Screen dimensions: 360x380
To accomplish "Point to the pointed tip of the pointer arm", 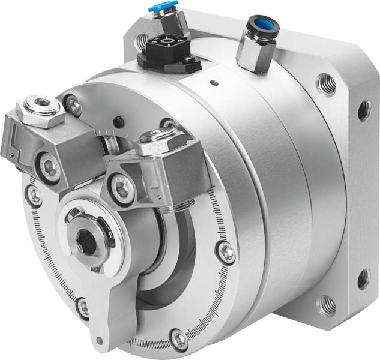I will pos(98,343).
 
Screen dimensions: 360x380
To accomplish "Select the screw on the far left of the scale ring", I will pos(34,193).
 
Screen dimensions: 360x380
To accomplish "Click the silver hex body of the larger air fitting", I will pos(255,54).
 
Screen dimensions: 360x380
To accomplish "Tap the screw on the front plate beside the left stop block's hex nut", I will pos(73,106).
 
